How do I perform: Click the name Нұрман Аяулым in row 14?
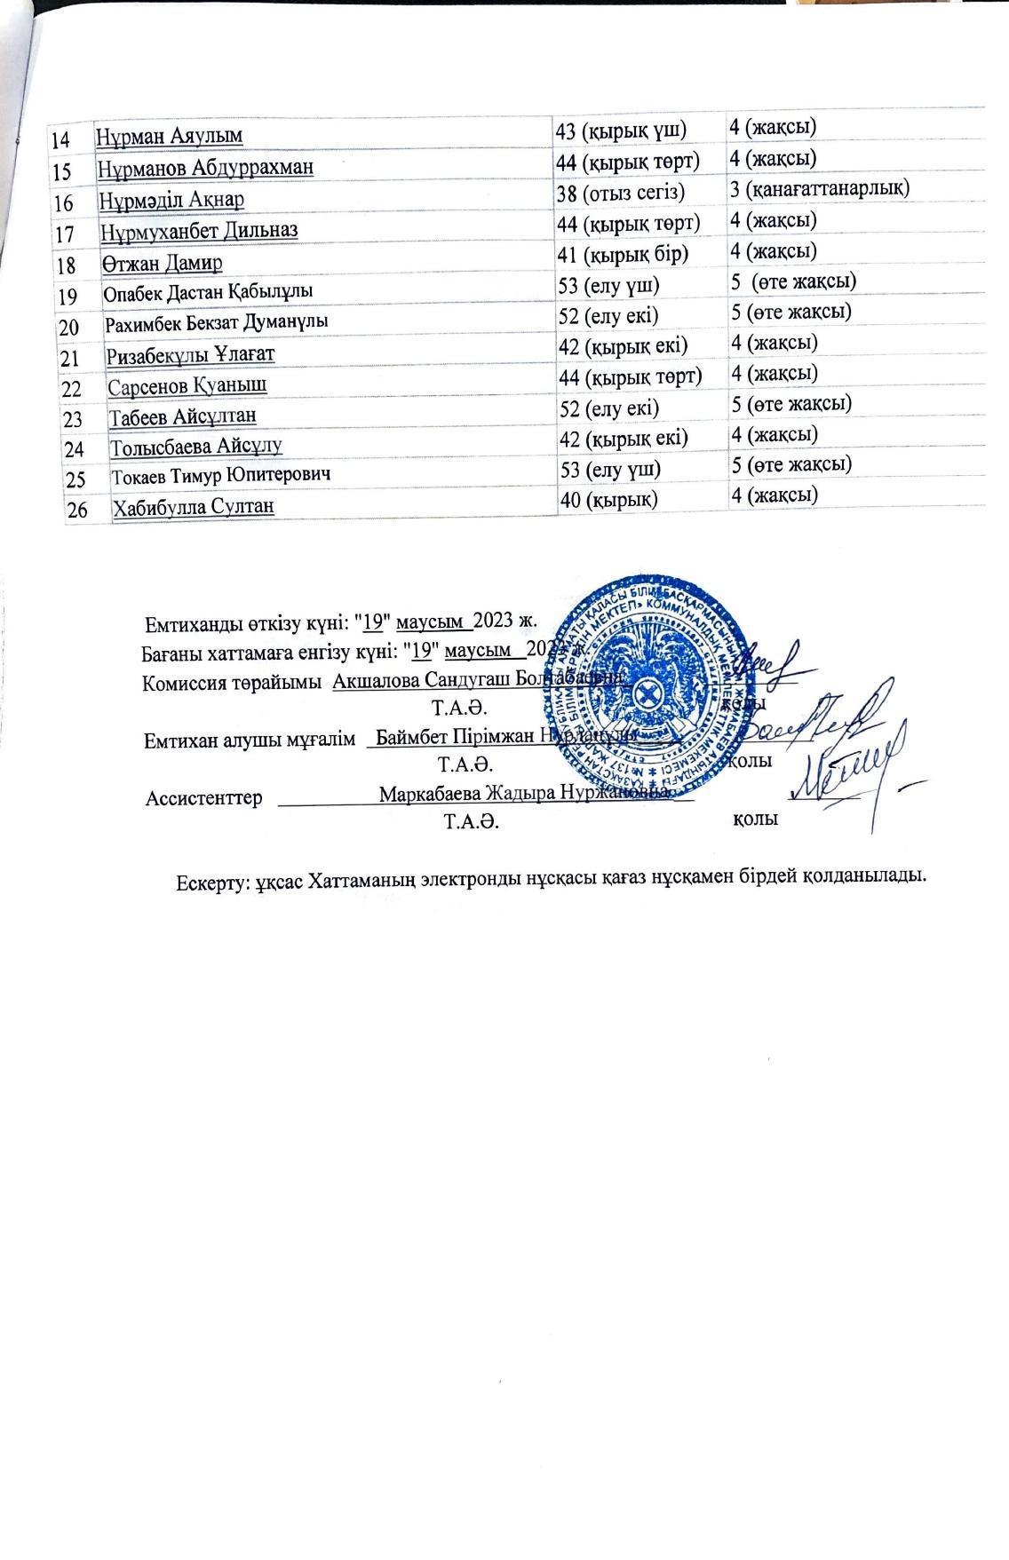[170, 137]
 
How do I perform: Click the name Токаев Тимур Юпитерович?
[221, 476]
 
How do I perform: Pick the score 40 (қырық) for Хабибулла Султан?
[609, 499]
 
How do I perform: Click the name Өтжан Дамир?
[162, 263]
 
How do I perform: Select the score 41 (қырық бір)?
[623, 254]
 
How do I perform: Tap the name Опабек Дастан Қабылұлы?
[208, 291]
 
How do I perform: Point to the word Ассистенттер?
[203, 798]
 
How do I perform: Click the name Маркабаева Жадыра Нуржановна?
[522, 794]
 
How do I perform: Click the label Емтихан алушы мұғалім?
[250, 739]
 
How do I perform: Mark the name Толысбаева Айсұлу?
[196, 446]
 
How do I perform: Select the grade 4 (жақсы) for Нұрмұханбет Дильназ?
[773, 220]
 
